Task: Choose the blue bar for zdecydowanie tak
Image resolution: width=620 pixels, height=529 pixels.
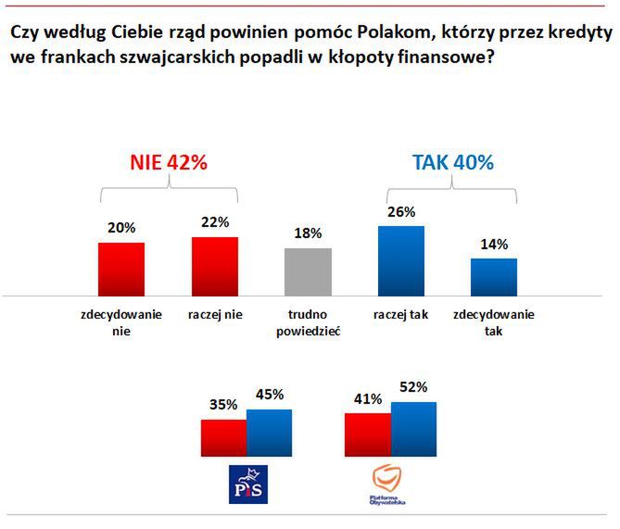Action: (x=494, y=277)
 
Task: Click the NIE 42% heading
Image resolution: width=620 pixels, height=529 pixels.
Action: (x=168, y=162)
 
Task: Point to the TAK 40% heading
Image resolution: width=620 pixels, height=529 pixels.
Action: (x=452, y=162)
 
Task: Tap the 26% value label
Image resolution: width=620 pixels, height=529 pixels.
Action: (x=401, y=212)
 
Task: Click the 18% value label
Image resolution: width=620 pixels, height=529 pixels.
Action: (x=309, y=234)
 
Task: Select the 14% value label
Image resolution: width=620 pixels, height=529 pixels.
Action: (x=494, y=245)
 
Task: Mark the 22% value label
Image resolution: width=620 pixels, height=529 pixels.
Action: (x=215, y=222)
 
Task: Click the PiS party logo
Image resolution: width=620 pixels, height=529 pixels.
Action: (x=247, y=485)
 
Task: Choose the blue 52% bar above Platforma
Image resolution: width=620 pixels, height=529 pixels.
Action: (x=413, y=430)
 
